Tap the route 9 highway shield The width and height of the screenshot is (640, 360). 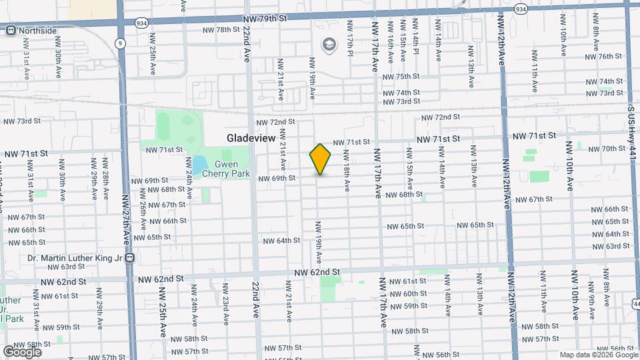tap(120, 43)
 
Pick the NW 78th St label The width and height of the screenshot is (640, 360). tap(223, 30)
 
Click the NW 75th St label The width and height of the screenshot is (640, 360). tap(401, 77)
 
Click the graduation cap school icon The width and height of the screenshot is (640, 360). tap(329, 45)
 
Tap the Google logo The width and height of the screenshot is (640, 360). tap(22, 351)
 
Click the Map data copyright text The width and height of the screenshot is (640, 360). tap(597, 355)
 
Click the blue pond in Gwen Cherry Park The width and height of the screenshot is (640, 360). tap(199, 163)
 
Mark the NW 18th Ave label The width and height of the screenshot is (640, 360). tap(347, 171)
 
